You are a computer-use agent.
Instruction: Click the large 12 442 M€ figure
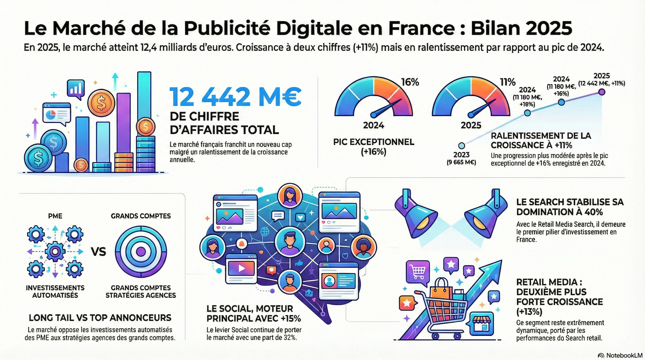pyautogui.click(x=235, y=97)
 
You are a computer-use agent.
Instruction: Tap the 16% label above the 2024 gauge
pyautogui.click(x=410, y=82)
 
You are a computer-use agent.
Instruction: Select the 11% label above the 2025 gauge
pyautogui.click(x=507, y=82)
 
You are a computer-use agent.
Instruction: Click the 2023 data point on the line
pyautogui.click(x=462, y=146)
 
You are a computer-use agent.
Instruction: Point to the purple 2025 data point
pyautogui.click(x=602, y=92)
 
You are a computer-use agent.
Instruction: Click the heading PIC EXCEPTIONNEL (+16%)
pyautogui.click(x=374, y=147)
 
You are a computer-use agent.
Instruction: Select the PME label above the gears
pyautogui.click(x=55, y=216)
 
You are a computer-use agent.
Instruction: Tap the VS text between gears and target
pyautogui.click(x=98, y=252)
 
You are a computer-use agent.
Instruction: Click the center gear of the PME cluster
pyautogui.click(x=55, y=252)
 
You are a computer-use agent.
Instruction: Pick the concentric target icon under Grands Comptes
pyautogui.click(x=141, y=252)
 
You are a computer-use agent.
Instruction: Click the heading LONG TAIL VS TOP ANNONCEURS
pyautogui.click(x=100, y=318)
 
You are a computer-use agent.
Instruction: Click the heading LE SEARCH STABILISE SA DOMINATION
pyautogui.click(x=570, y=207)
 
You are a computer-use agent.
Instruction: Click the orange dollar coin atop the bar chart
pyautogui.click(x=101, y=103)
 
